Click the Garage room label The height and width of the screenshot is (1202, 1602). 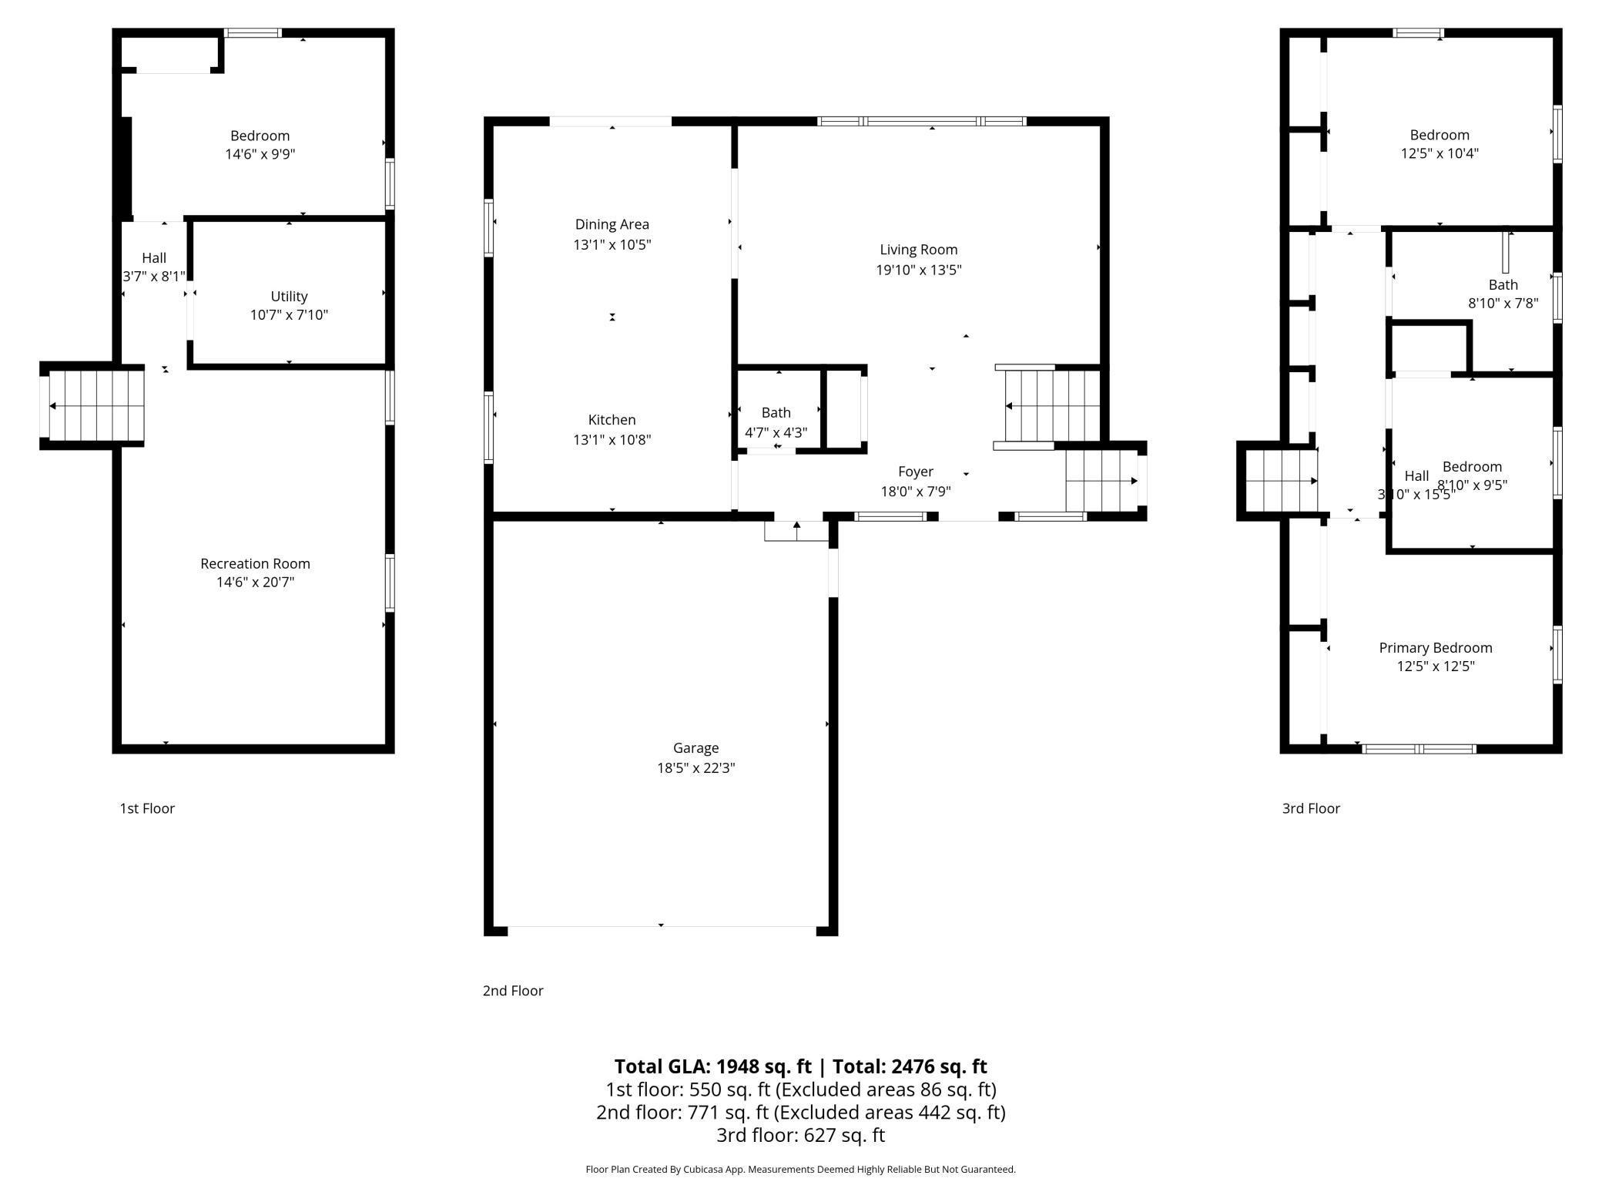click(695, 747)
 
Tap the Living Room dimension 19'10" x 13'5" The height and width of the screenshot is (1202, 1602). click(918, 270)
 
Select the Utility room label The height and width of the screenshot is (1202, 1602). click(289, 296)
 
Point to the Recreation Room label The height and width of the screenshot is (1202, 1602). click(255, 563)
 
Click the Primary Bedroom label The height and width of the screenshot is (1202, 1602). click(1435, 647)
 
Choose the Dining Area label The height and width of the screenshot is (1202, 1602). click(612, 224)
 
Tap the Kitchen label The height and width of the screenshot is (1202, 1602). click(612, 419)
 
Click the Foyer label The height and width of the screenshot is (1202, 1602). click(915, 471)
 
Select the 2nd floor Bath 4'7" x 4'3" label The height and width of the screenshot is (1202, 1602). click(776, 422)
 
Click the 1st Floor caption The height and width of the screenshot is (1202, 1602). click(147, 808)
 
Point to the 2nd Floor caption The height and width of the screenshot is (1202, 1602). click(513, 990)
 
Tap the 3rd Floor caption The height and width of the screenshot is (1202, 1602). click(1311, 808)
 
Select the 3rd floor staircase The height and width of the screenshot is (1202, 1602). click(1279, 481)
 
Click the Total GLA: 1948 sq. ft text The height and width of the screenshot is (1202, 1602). click(712, 1066)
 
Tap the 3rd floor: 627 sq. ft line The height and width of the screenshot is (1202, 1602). click(800, 1135)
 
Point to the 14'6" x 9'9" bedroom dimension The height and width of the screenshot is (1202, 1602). click(260, 154)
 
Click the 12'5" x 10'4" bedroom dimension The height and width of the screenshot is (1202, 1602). click(1439, 153)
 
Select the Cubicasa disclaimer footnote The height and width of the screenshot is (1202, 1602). click(800, 1169)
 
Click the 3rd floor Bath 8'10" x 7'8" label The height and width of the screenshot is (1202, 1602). click(1503, 294)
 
